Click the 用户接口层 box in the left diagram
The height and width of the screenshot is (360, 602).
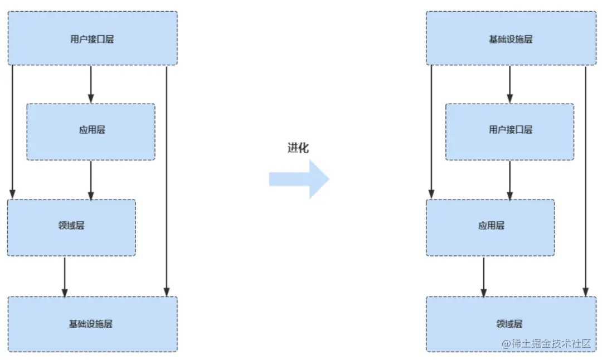pyautogui.click(x=92, y=39)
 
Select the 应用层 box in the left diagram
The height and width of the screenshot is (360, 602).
pyautogui.click(x=91, y=132)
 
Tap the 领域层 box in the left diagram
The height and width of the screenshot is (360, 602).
pyautogui.click(x=71, y=227)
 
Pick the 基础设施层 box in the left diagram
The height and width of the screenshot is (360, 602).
pyautogui.click(x=92, y=324)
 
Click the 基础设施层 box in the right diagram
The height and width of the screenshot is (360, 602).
pyautogui.click(x=511, y=39)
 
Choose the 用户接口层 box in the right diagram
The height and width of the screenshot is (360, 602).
pyautogui.click(x=509, y=132)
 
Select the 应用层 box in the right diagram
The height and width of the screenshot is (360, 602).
pyautogui.click(x=491, y=227)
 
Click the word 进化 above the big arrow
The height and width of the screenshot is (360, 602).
pyautogui.click(x=298, y=148)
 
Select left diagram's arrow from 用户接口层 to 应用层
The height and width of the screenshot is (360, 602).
pyautogui.click(x=91, y=84)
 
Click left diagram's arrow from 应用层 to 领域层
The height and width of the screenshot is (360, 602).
pyautogui.click(x=91, y=180)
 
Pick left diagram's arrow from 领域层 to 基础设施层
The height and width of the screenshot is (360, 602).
pyautogui.click(x=65, y=276)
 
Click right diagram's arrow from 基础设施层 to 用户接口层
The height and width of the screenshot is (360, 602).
pyautogui.click(x=509, y=84)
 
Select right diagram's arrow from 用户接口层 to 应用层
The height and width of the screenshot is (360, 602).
pyautogui.click(x=509, y=180)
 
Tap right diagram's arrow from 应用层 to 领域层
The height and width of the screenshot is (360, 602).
pyautogui.click(x=483, y=276)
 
